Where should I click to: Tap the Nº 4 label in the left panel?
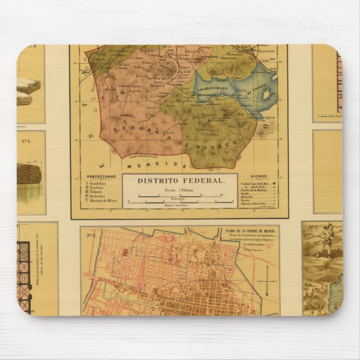click(26, 141)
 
